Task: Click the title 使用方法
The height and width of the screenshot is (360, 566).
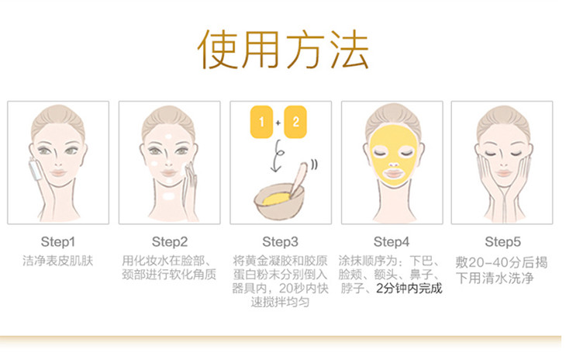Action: (x=283, y=50)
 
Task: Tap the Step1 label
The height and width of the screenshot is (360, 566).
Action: (x=57, y=242)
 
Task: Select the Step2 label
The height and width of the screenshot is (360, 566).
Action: (x=170, y=242)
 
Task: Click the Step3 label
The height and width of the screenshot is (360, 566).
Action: (x=280, y=242)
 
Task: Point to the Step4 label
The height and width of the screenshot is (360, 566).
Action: (x=392, y=242)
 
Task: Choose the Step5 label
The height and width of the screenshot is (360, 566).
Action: (x=502, y=242)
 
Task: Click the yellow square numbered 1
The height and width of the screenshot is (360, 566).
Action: (x=261, y=122)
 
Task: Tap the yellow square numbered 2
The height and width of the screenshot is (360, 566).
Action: (x=295, y=122)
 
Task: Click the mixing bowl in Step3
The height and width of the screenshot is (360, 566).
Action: (x=278, y=203)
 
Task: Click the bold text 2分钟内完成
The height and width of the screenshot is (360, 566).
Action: (x=409, y=289)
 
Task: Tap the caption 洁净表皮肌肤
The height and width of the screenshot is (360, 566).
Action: (x=57, y=261)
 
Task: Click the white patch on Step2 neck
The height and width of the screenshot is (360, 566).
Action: (x=168, y=196)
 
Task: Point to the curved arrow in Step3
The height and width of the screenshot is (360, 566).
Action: (x=278, y=156)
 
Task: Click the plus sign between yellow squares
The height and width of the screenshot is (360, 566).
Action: (x=278, y=123)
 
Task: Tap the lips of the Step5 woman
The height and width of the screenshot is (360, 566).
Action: (x=503, y=173)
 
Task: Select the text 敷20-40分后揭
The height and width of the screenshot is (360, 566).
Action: (x=501, y=262)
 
